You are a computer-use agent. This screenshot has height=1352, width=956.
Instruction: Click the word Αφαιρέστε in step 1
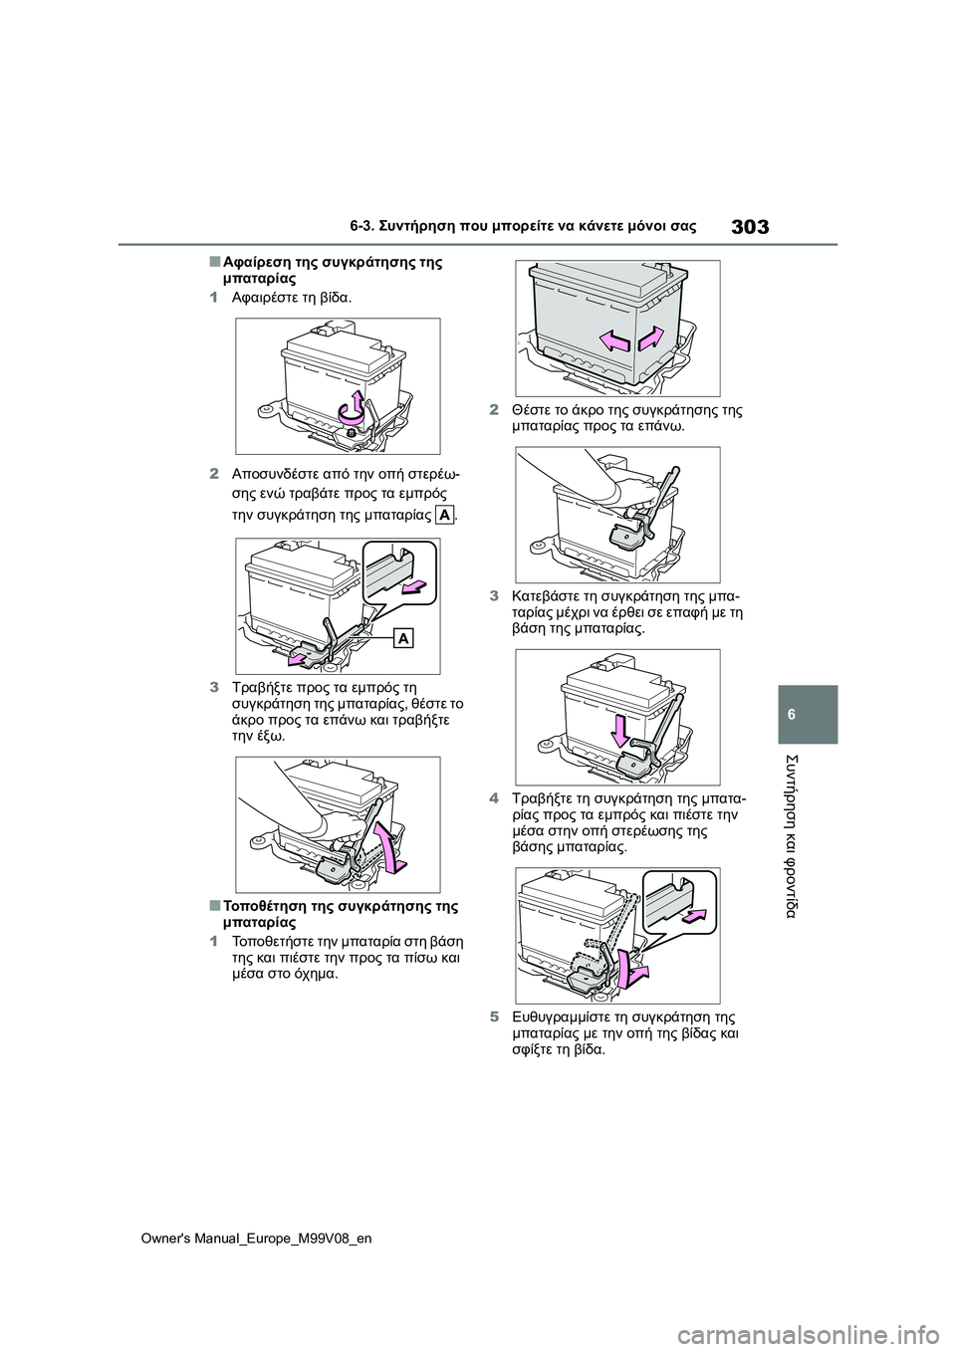[x=260, y=299]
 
